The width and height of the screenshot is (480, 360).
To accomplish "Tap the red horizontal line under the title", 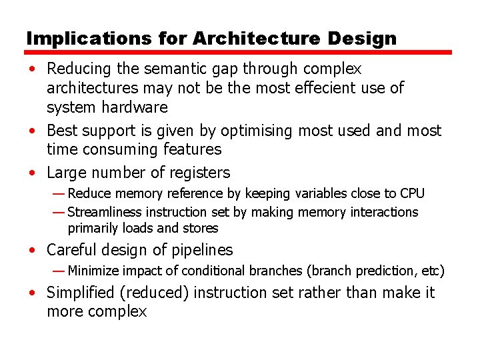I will [x=239, y=52].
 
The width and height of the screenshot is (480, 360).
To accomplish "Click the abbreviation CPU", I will [x=412, y=193].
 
